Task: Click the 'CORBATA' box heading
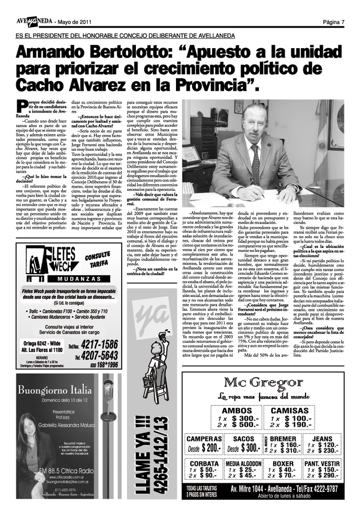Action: click(x=204, y=463)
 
